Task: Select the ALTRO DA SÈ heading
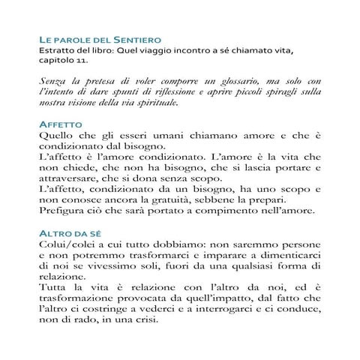click(71, 234)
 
